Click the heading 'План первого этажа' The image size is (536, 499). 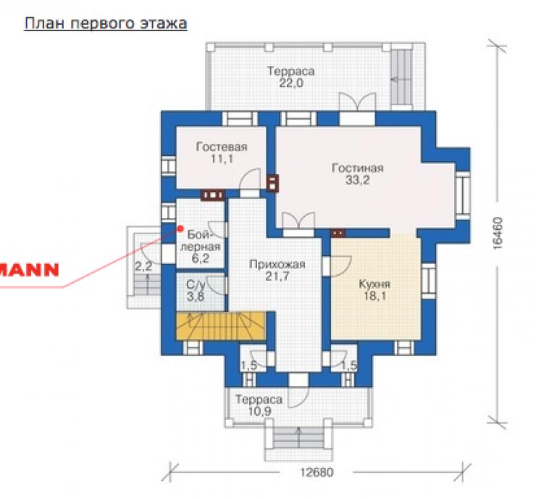point(106,24)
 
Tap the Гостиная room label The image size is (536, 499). point(358,168)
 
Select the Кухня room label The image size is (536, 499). point(374,284)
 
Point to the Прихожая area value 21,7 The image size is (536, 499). point(277,276)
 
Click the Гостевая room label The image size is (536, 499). point(222,147)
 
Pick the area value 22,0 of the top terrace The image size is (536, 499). point(291,83)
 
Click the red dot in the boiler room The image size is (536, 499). point(180,228)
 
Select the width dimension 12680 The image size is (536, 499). point(317,472)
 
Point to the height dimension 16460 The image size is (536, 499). point(498,233)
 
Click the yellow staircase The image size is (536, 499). point(220,326)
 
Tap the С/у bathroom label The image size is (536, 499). point(196,285)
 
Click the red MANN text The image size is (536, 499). point(30,270)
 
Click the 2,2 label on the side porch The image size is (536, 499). point(143,266)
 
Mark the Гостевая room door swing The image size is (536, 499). point(250,179)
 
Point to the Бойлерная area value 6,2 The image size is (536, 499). point(201,258)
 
